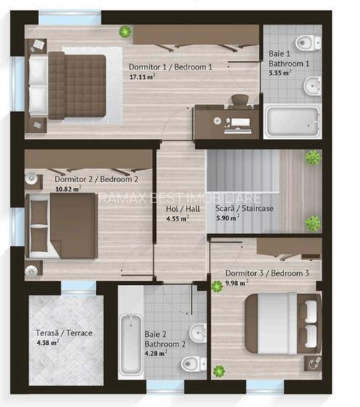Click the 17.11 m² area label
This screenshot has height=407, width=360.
coord(142,77)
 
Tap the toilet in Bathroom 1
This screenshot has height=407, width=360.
coord(309,43)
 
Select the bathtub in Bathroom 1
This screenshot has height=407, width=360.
coord(292,121)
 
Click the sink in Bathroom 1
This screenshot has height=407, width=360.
coord(312,86)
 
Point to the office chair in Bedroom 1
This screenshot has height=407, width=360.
coord(240,101)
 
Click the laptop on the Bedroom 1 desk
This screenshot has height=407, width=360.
coord(238,126)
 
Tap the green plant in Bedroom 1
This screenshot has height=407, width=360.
coord(125,32)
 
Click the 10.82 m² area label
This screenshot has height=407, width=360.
coord(68,189)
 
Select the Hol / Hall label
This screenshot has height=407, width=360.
coord(183,209)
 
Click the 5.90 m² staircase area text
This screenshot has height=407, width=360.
coord(228,218)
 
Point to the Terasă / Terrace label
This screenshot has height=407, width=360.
coord(64,333)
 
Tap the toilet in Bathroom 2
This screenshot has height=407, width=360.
coord(193,364)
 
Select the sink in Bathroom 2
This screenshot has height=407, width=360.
coord(198,333)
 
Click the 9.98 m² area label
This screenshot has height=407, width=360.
coord(236,283)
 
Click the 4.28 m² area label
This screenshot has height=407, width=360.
coord(155,354)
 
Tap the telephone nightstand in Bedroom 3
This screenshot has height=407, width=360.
coord(313,363)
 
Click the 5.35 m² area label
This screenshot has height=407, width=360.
coord(280,73)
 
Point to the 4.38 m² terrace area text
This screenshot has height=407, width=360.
coord(48,343)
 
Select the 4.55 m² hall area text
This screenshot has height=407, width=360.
coord(177,219)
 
